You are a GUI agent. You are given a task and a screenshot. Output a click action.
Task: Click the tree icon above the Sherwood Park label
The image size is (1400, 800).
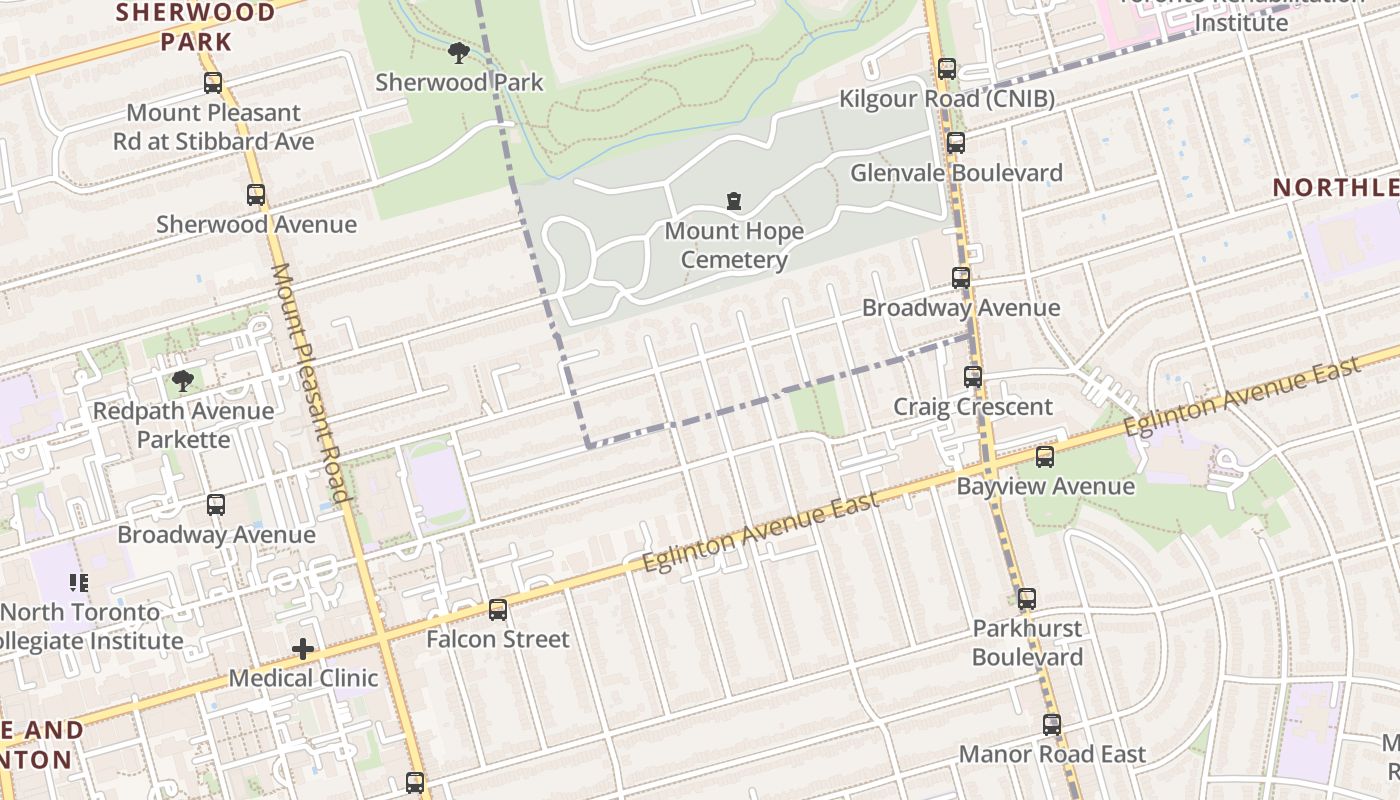459,53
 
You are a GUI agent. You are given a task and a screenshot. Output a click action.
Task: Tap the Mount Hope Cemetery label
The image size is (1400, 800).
734,246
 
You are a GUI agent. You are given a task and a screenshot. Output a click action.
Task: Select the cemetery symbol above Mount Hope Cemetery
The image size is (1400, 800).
734,202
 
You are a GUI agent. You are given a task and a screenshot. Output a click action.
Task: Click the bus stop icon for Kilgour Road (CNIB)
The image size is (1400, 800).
947,69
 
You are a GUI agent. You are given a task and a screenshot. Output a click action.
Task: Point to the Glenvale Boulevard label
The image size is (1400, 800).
956,173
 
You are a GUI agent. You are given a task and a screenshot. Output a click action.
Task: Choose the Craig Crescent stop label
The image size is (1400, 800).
972,407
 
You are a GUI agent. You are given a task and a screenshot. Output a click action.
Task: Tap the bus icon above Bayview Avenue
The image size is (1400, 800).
1045,457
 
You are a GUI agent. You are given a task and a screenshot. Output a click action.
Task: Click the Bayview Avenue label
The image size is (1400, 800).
1045,487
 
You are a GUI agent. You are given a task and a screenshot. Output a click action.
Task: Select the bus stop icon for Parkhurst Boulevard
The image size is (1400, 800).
1027,599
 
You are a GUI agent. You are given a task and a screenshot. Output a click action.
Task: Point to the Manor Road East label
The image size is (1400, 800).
1052,754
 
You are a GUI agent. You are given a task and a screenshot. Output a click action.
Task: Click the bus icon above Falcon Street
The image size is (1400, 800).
497,609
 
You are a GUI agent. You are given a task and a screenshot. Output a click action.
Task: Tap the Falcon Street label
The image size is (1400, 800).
497,639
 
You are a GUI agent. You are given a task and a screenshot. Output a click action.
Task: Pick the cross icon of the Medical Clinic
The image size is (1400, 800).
303,649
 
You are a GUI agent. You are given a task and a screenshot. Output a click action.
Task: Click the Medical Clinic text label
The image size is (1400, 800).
303,678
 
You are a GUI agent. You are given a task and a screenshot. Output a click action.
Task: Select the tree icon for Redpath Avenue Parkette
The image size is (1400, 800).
182,381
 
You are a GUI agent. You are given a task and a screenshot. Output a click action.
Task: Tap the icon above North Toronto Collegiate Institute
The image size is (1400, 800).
79,582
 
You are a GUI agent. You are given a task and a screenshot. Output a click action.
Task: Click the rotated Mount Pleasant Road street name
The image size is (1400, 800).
311,383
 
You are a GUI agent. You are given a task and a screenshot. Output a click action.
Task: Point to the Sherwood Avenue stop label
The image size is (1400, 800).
256,224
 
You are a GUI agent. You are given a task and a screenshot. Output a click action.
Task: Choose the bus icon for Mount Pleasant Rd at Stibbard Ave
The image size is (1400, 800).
213,83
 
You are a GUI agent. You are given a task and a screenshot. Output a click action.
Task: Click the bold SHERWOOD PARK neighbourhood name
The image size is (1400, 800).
196,27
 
